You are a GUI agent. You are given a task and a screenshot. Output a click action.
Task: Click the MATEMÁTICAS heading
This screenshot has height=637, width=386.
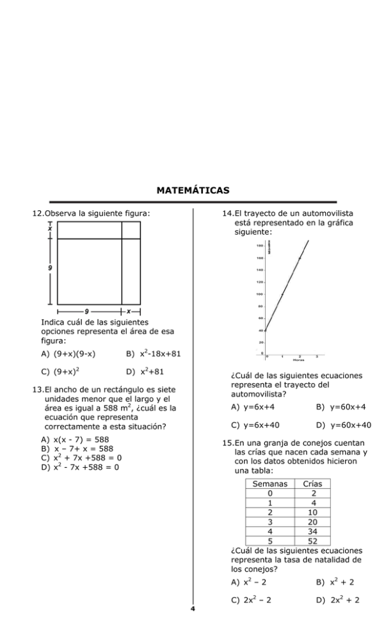[193, 190]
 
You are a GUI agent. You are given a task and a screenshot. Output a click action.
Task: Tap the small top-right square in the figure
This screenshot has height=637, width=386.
[131, 230]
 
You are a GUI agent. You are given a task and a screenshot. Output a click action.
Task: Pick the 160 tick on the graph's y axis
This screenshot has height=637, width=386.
[260, 258]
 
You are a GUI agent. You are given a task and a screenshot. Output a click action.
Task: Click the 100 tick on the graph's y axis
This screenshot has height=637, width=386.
[260, 294]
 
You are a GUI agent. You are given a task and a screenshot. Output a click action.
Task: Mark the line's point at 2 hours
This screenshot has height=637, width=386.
[300, 258]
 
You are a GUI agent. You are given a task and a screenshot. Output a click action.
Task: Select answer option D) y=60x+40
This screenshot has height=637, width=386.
[343, 424]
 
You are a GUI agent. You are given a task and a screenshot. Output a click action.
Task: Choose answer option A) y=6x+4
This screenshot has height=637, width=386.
[253, 406]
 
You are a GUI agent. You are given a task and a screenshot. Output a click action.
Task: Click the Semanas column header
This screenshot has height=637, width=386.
[270, 484]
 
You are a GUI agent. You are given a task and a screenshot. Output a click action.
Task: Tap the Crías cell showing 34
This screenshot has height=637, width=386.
[313, 531]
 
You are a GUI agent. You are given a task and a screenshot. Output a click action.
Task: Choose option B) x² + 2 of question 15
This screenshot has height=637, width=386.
[335, 582]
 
